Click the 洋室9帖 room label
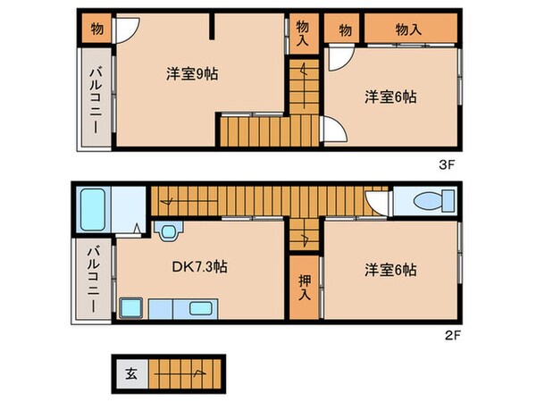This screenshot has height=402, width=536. [192, 74]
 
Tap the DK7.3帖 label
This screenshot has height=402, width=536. [199, 266]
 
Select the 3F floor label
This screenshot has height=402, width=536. [447, 165]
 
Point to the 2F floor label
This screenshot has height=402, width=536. [453, 336]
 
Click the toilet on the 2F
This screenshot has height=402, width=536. [433, 201]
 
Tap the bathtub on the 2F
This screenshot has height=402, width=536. [93, 210]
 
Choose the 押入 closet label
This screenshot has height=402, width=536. [305, 287]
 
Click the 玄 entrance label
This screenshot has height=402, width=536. [131, 373]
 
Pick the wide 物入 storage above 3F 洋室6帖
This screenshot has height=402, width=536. [411, 29]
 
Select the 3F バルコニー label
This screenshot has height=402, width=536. [96, 101]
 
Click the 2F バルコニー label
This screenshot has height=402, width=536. [93, 280]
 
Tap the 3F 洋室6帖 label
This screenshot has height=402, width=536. [390, 97]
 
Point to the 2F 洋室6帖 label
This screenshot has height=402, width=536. [390, 270]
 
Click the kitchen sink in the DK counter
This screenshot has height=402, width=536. [201, 309]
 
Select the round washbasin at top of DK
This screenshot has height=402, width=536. [168, 231]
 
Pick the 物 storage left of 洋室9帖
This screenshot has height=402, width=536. [96, 29]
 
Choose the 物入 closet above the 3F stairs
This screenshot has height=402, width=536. [304, 33]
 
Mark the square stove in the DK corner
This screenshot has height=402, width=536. [130, 308]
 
